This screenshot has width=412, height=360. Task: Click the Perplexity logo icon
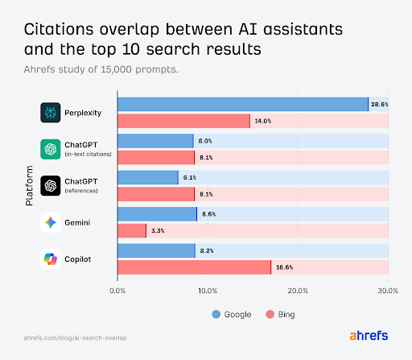51,113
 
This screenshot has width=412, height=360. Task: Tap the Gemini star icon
51,222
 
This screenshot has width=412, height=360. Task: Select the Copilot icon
51,259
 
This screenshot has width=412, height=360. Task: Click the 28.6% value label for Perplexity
379,104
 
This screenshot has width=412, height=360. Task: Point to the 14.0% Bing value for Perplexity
263,122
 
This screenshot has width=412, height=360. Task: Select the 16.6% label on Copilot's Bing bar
283,267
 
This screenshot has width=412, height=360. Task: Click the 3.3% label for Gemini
158,231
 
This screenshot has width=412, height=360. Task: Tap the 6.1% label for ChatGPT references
189,177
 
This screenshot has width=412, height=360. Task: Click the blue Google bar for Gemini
157,213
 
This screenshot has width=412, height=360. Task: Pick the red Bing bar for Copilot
194,267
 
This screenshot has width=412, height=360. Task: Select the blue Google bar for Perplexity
242,104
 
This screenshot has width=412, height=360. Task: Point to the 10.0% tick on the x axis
208,291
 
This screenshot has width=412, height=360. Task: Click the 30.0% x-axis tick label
388,291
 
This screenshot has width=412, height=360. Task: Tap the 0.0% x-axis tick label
118,291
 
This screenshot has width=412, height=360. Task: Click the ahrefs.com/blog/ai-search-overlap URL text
76,337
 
